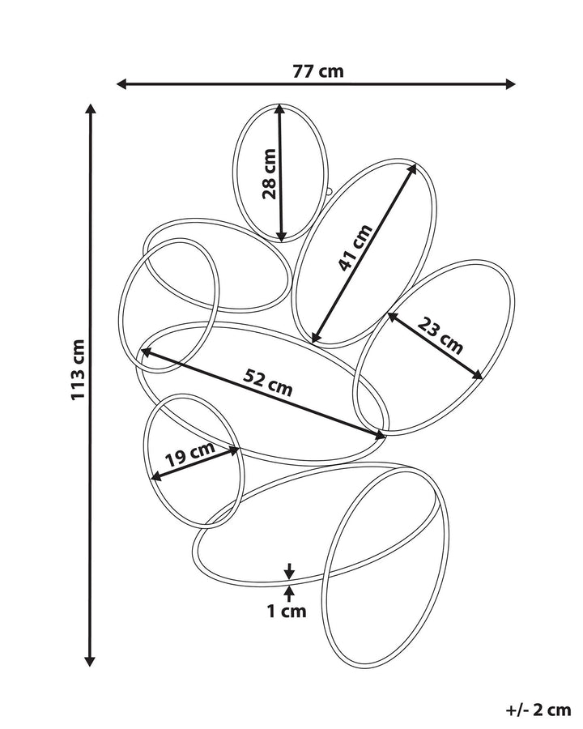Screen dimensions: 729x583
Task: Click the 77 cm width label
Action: (318, 71)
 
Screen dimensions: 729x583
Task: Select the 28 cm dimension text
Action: (268, 173)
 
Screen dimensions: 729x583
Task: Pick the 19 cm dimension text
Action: (189, 458)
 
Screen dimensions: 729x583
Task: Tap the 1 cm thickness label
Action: (287, 612)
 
